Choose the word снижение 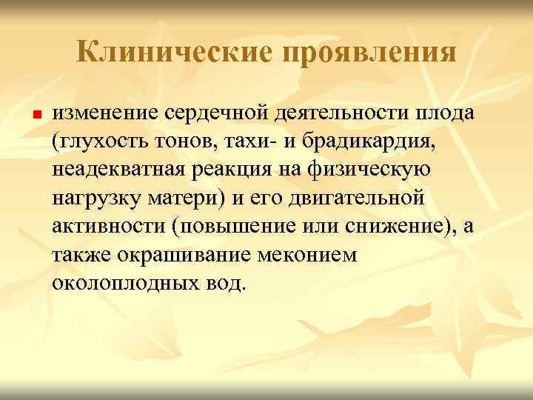pyautogui.click(x=392, y=227)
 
